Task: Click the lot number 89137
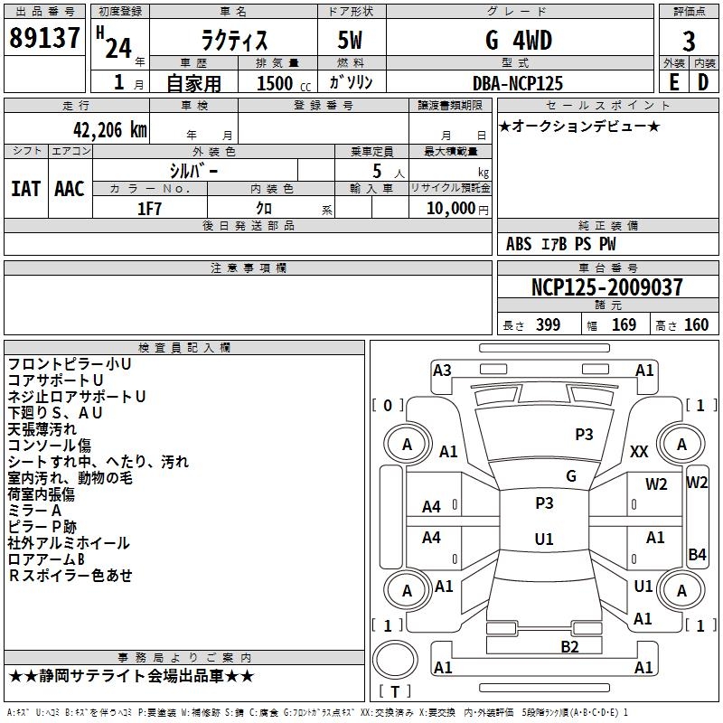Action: coord(44,38)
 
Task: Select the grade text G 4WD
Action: coord(519,40)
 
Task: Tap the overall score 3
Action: coord(689,42)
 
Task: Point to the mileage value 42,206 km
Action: coord(109,130)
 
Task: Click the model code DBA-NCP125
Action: coord(518,83)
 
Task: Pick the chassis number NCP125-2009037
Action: coord(606,286)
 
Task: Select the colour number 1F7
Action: coord(149,209)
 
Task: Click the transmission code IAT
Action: coord(26,189)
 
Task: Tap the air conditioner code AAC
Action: coord(70,189)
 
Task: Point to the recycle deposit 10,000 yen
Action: coord(457,209)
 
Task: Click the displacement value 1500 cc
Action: coord(284,83)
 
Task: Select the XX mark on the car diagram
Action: coord(639,451)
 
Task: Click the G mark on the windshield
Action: coord(571,475)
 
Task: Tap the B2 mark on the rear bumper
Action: coord(569,647)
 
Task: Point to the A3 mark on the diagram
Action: coord(442,371)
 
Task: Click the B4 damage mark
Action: coord(697,554)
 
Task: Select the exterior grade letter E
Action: coord(674,82)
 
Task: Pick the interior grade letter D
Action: coord(703,82)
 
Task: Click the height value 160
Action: coord(696,325)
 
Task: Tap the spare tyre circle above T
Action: coord(395,642)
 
